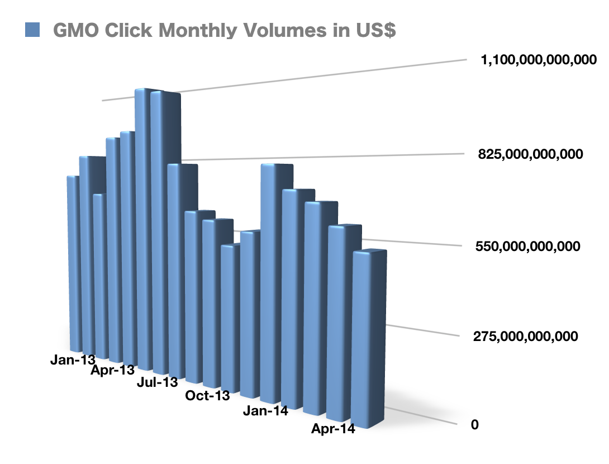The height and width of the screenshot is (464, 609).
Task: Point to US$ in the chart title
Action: pyautogui.click(x=374, y=30)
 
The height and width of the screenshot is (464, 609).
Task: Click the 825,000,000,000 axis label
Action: pyautogui.click(x=531, y=154)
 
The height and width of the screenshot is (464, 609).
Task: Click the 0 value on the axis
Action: pyautogui.click(x=475, y=425)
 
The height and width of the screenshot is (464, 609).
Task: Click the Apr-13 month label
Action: pyautogui.click(x=113, y=370)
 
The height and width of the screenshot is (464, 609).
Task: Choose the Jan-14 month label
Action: pyautogui.click(x=265, y=411)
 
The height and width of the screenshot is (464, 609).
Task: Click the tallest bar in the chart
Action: pyautogui.click(x=144, y=224)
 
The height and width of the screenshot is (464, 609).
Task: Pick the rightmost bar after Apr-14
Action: pyautogui.click(x=367, y=335)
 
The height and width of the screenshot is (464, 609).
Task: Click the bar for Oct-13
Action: pyautogui.click(x=229, y=313)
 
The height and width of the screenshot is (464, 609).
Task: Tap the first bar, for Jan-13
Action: pyautogui.click(x=73, y=263)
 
